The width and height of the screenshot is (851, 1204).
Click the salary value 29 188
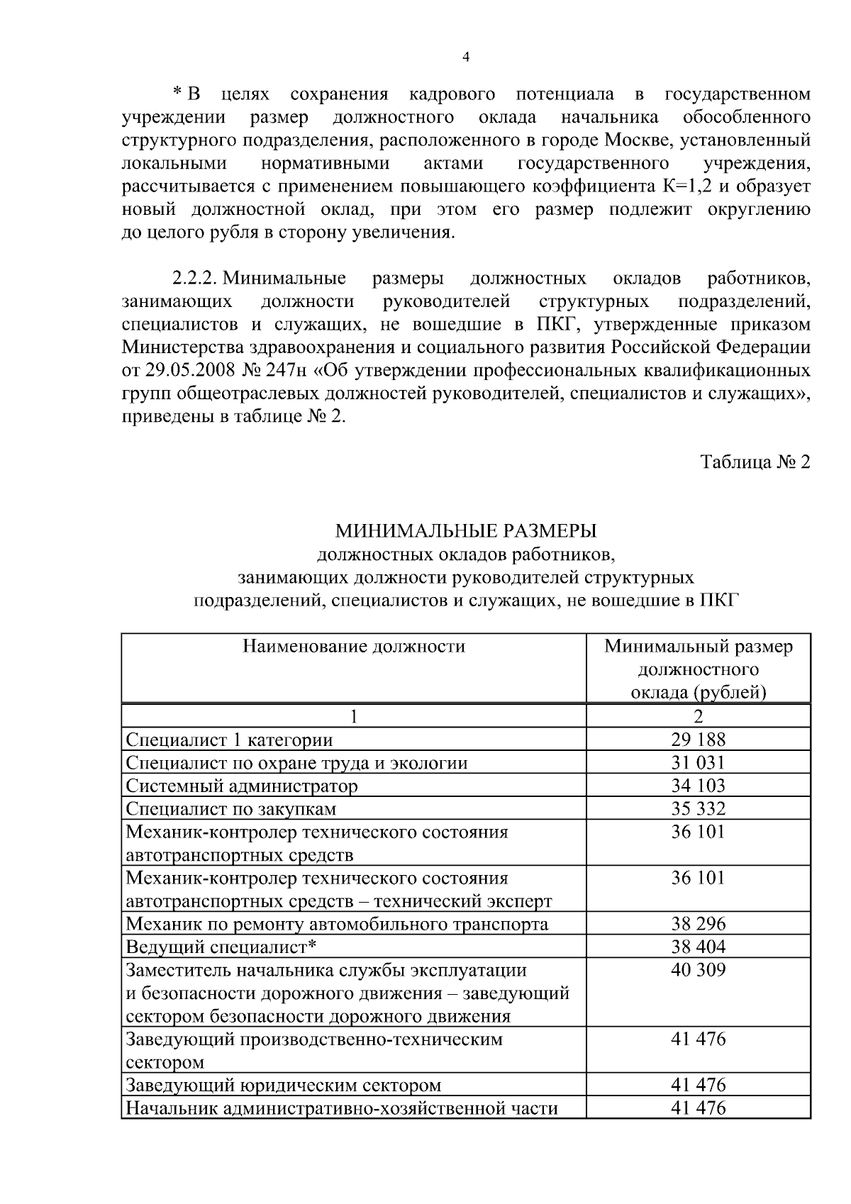[x=698, y=740]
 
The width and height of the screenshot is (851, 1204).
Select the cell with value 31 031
[x=698, y=762]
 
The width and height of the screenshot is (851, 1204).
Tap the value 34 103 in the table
[x=698, y=786]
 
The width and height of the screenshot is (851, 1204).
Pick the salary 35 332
[x=698, y=808]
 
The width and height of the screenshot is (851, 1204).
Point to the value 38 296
[x=698, y=924]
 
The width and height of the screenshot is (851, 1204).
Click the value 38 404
[x=698, y=947]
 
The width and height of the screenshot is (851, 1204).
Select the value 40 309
[x=698, y=970]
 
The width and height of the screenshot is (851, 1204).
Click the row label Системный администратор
[x=242, y=786]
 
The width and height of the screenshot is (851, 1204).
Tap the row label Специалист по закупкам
[x=231, y=808]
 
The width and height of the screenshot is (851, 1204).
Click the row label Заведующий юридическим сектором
[x=284, y=1085]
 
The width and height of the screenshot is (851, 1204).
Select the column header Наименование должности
[x=354, y=646]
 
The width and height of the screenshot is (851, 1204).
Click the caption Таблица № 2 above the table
[x=755, y=462]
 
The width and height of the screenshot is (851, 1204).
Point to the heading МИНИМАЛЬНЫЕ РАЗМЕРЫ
[x=466, y=530]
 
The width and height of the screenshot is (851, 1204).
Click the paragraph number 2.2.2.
[x=195, y=279]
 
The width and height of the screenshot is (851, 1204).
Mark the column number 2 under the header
[x=698, y=717]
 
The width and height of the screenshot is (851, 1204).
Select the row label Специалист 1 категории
[x=229, y=740]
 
